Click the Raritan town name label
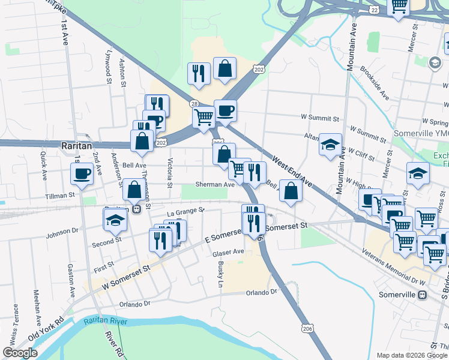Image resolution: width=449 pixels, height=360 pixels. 76,145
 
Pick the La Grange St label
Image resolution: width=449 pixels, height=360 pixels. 186,211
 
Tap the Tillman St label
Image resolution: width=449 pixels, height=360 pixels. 59,195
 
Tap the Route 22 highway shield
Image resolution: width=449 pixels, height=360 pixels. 374,10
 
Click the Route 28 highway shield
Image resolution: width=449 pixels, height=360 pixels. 194,103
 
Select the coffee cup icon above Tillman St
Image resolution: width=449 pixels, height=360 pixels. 82,174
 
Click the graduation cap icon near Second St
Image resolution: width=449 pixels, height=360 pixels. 116,220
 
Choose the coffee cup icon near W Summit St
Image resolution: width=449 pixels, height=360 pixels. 226,110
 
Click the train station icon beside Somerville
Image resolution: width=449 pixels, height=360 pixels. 422,295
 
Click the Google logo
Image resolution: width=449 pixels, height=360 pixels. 20,353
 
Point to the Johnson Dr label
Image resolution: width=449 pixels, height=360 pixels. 62,229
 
